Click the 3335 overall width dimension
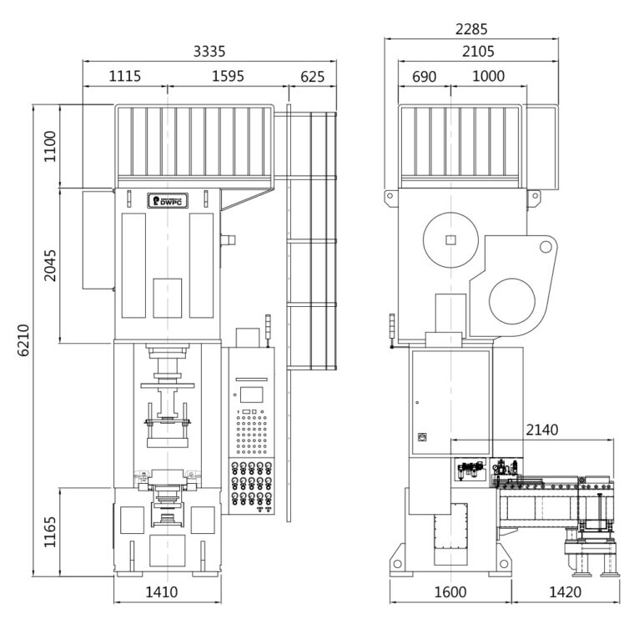209,52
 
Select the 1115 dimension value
124,77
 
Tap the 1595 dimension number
228,77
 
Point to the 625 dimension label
311,77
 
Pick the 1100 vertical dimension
50,146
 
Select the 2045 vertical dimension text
50,265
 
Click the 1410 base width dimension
167,593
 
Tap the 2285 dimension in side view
471,29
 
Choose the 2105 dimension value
478,52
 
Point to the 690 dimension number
425,77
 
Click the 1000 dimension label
488,77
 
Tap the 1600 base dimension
450,593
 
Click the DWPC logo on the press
167,200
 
